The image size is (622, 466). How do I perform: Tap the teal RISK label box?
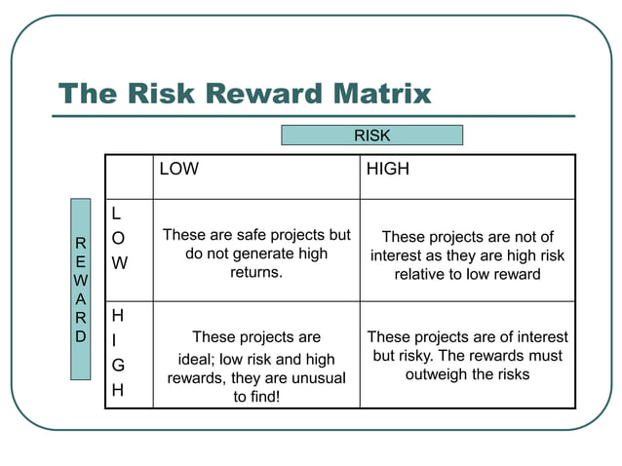371,136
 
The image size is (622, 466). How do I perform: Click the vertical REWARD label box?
80,289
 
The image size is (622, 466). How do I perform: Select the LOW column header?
179,170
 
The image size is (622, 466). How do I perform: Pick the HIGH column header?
387,170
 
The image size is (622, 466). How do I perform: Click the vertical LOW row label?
118,238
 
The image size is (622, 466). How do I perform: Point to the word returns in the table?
255,273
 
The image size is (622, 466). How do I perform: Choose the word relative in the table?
422,275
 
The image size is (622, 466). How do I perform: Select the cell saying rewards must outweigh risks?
467,356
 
